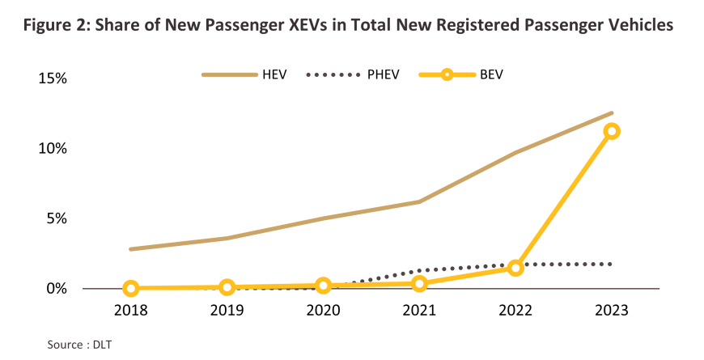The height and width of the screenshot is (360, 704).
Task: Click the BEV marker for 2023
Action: [612, 131]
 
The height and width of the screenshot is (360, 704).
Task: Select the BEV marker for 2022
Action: [515, 268]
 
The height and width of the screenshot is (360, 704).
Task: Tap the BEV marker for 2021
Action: [419, 283]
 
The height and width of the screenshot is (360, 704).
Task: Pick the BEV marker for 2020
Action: [324, 286]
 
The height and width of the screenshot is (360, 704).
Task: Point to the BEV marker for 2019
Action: [227, 287]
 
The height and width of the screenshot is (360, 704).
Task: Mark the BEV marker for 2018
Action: [131, 288]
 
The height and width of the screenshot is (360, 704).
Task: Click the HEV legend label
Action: [275, 74]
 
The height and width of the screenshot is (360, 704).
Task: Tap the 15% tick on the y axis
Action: [50, 78]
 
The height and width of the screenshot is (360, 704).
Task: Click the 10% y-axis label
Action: [50, 149]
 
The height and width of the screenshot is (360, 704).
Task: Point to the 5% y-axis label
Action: [55, 218]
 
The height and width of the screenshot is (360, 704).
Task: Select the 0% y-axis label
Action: [55, 289]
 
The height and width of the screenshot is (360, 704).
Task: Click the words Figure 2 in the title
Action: [56, 26]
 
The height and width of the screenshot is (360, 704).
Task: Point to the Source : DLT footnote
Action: [79, 345]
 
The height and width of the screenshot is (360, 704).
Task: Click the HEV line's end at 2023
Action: [612, 113]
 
